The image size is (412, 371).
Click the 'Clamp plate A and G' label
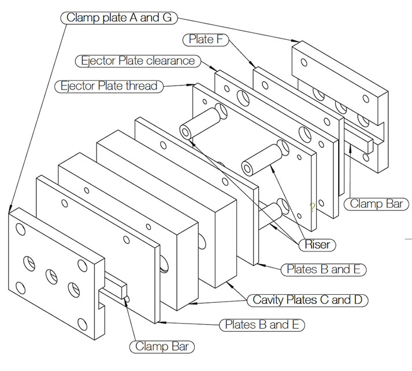click(118, 17)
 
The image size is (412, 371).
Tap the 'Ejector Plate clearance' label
click(138, 61)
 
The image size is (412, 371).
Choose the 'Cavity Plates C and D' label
click(310, 300)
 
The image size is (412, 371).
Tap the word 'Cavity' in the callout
click(268, 300)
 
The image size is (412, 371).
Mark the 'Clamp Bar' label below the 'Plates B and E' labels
click(161, 347)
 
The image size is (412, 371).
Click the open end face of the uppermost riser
click(185, 131)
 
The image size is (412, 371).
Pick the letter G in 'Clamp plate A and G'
click(167, 17)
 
